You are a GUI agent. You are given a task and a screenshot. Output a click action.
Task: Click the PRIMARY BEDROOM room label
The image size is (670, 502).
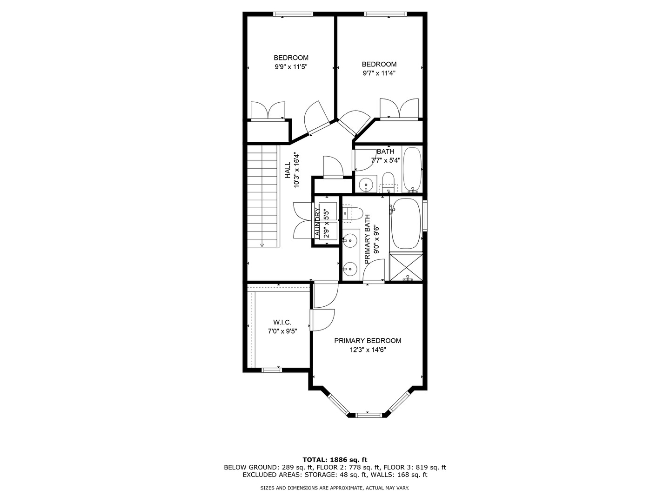click(368, 341)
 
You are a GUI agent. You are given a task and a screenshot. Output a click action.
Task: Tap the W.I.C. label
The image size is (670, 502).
click(282, 322)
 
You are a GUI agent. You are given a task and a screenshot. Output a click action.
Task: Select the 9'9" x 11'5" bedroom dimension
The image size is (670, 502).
click(291, 67)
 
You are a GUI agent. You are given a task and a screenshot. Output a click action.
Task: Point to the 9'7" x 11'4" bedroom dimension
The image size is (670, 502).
click(379, 73)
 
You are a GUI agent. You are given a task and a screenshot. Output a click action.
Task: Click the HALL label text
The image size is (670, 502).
click(288, 170)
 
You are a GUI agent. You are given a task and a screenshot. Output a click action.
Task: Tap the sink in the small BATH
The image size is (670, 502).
click(367, 184)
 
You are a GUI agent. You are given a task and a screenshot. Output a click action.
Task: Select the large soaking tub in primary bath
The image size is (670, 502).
click(406, 224)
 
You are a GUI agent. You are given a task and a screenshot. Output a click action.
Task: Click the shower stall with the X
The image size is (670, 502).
click(406, 267)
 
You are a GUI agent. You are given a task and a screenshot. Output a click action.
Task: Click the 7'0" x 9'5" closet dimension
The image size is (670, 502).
click(282, 331)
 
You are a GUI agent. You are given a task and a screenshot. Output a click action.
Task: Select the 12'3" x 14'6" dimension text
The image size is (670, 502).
click(368, 350)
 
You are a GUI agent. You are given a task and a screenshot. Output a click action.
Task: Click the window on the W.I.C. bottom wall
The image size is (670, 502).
click(271, 370)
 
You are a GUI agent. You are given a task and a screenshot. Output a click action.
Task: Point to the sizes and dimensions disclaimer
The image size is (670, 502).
click(335, 488)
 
